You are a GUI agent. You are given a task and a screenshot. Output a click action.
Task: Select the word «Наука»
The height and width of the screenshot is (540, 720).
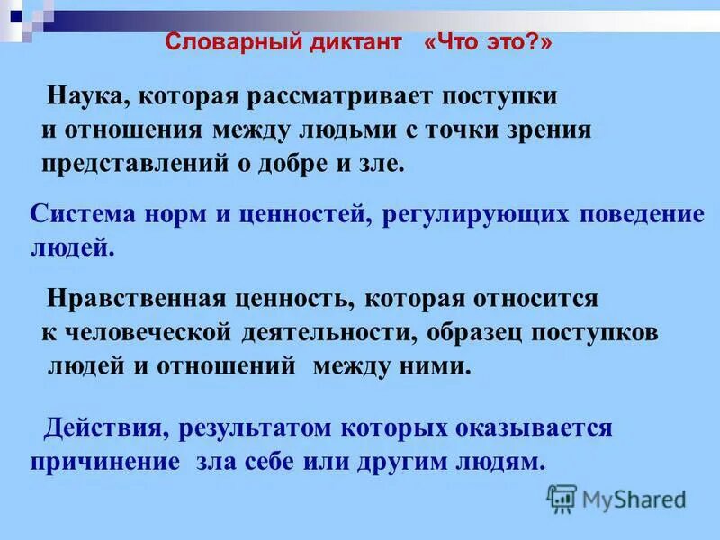pos(86,95)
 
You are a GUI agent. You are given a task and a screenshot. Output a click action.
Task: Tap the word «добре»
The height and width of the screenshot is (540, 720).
pos(289,164)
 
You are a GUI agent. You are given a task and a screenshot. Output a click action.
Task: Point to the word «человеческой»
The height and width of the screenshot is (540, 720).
pos(146,332)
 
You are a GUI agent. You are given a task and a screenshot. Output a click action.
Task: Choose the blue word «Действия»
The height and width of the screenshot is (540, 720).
pos(105,427)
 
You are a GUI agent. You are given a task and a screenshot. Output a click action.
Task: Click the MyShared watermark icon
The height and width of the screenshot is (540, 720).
pos(562,498)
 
